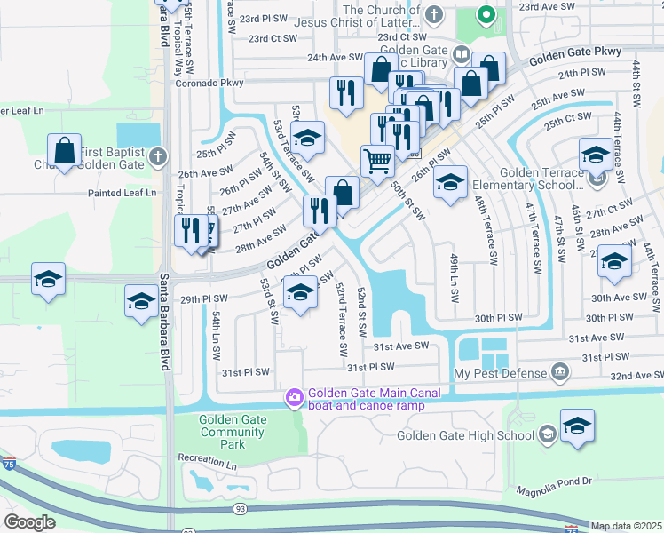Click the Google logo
[x=29, y=522]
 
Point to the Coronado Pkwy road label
[x=209, y=83]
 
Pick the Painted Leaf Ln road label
[x=122, y=192]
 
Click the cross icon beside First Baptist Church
[x=158, y=156]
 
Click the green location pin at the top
[x=486, y=14]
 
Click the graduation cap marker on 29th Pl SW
[x=300, y=294]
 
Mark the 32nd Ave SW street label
[x=635, y=376]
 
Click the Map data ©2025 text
[x=626, y=526]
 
